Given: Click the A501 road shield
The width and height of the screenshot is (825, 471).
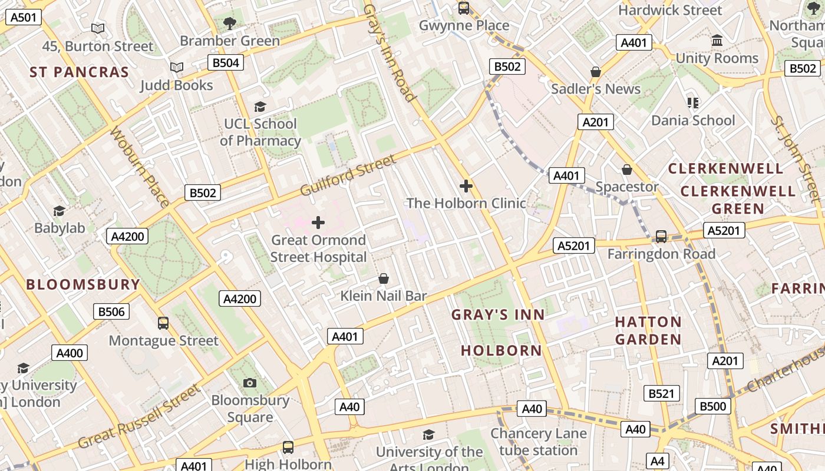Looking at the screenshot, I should pyautogui.click(x=24, y=17).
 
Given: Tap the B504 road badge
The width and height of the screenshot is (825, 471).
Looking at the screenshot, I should pyautogui.click(x=226, y=62).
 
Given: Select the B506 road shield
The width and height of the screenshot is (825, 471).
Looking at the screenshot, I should pyautogui.click(x=111, y=311).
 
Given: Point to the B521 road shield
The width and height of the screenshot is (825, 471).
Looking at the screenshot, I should pyautogui.click(x=661, y=393).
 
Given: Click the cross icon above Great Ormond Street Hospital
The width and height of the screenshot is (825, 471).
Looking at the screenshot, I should pyautogui.click(x=318, y=223).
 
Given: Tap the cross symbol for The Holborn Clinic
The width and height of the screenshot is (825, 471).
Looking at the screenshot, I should pyautogui.click(x=466, y=186).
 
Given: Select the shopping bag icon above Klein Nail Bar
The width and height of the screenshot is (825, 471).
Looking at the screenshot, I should pyautogui.click(x=384, y=278).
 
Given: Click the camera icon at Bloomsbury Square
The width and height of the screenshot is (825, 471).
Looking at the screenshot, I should pyautogui.click(x=250, y=383).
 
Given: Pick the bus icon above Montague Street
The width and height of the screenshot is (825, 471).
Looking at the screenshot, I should pyautogui.click(x=163, y=323).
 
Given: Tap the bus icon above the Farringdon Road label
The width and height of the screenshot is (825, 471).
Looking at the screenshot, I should pyautogui.click(x=661, y=237).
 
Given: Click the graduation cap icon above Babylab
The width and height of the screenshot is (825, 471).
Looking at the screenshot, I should pyautogui.click(x=59, y=211).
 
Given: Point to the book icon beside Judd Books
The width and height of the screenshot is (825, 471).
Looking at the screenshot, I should pyautogui.click(x=177, y=68).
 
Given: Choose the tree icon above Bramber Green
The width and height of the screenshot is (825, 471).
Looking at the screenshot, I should pyautogui.click(x=230, y=24).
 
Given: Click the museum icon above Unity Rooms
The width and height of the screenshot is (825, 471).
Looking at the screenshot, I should pyautogui.click(x=717, y=41).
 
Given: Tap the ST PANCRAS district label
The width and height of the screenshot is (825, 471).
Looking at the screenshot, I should pyautogui.click(x=79, y=72).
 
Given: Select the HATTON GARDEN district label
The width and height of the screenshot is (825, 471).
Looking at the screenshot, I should pyautogui.click(x=648, y=330).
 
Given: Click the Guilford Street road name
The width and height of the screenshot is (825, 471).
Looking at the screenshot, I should pyautogui.click(x=348, y=175).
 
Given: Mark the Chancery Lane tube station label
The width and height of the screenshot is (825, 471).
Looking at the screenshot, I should pyautogui.click(x=538, y=442).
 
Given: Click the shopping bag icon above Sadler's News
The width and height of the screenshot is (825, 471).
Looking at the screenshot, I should pyautogui.click(x=596, y=72).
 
